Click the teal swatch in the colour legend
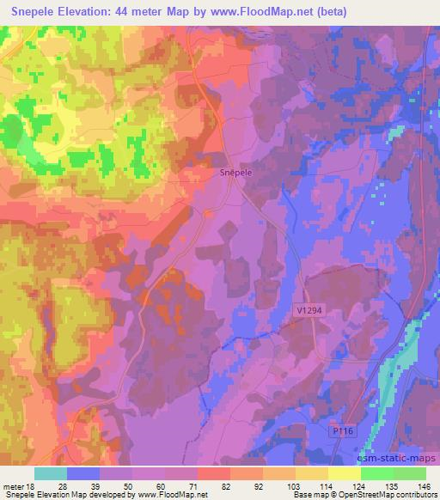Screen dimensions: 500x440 coord(51,473)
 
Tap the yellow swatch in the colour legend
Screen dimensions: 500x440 coord(344,473)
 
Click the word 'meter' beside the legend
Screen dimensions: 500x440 coord(11,485)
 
